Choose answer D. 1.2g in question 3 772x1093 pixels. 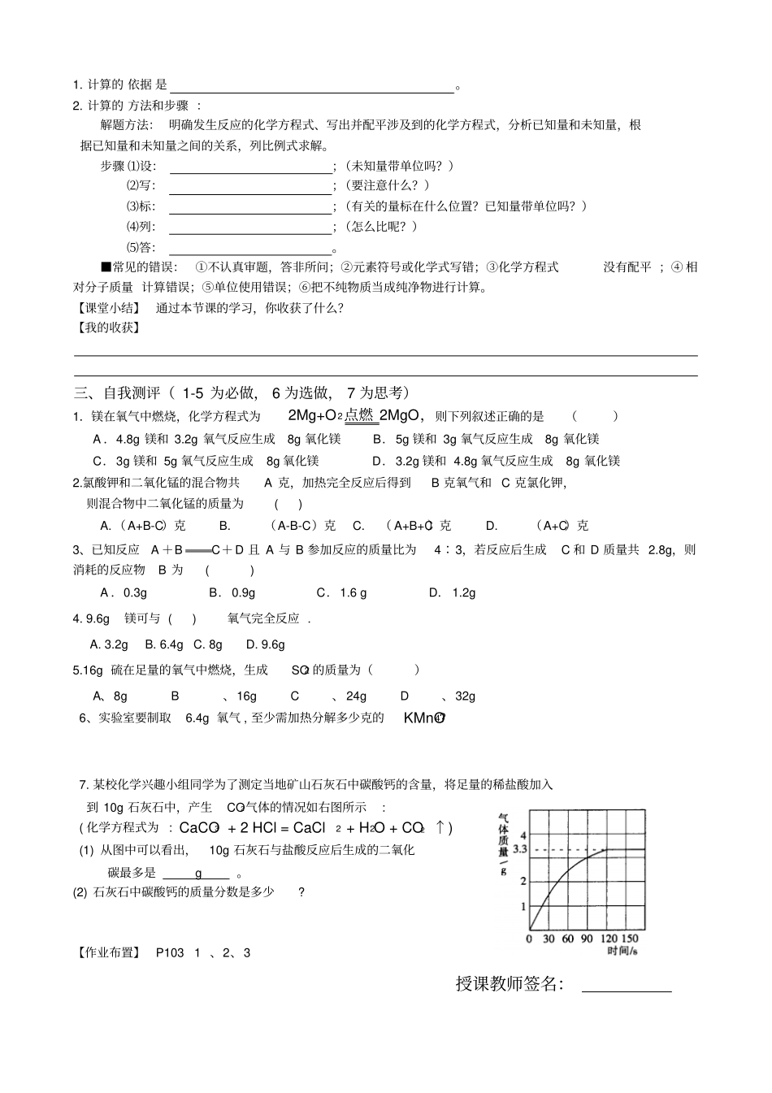[x=453, y=592]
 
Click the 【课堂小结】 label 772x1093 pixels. [x=107, y=308]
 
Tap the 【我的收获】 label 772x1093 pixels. [x=107, y=327]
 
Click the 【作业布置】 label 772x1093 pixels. [x=107, y=952]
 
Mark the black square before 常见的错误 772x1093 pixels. [x=106, y=267]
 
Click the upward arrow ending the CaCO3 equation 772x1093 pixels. [x=440, y=827]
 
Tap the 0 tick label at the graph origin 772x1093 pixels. [x=529, y=939]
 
